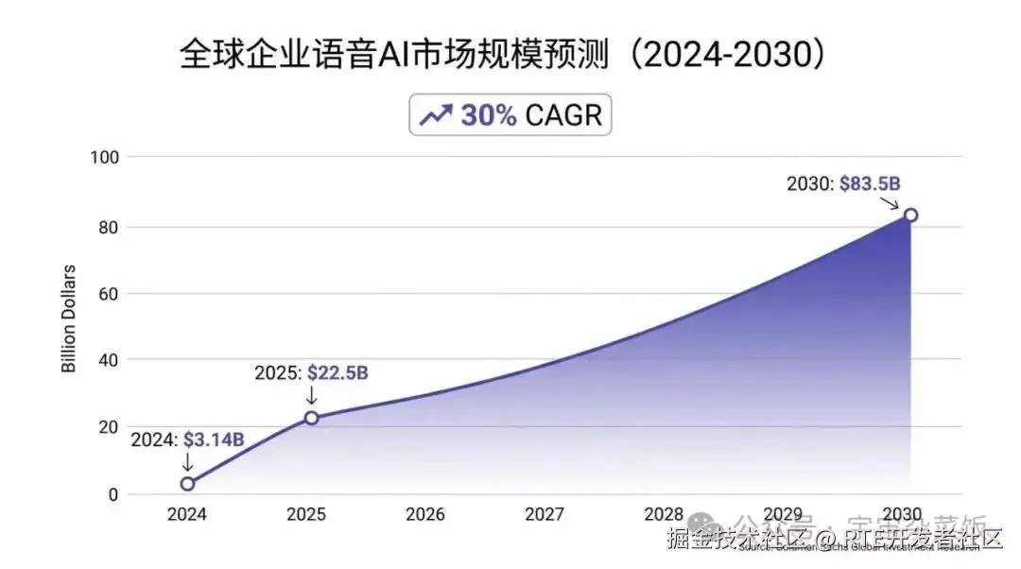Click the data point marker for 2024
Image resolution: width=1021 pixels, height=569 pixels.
pyautogui.click(x=187, y=484)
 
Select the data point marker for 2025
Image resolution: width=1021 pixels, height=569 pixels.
pyautogui.click(x=311, y=417)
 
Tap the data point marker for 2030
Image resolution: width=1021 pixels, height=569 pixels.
pyautogui.click(x=910, y=215)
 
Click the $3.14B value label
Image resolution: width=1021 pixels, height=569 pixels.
pyautogui.click(x=214, y=440)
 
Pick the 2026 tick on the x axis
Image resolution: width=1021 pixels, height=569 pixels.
pyautogui.click(x=425, y=515)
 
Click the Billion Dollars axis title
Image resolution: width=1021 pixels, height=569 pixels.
pyautogui.click(x=69, y=325)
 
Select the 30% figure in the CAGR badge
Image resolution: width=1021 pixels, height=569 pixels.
pyautogui.click(x=488, y=115)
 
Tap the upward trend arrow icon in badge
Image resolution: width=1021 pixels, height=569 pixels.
pyautogui.click(x=435, y=115)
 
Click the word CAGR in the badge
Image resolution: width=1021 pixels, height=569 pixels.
pyautogui.click(x=562, y=115)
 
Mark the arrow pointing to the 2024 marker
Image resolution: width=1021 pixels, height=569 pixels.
pyautogui.click(x=187, y=462)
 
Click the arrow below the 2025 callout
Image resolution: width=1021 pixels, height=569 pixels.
pyautogui.click(x=311, y=395)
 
